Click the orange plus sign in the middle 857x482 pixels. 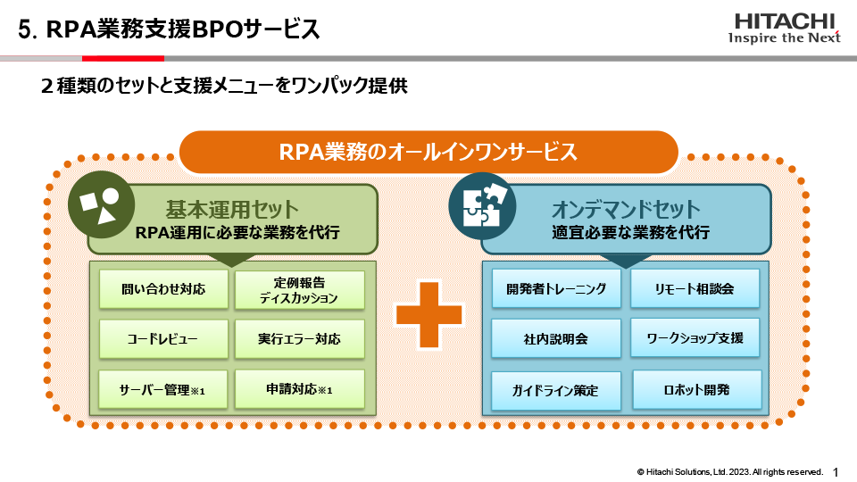click(429, 315)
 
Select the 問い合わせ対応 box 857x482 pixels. click(163, 289)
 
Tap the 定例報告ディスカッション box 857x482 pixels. click(299, 290)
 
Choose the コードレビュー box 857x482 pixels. click(163, 339)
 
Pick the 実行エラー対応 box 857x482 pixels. click(299, 339)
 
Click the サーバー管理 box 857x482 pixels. click(163, 389)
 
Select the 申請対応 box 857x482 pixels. click(299, 389)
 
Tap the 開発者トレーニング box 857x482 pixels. click(556, 288)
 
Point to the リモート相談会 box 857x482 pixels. click(695, 288)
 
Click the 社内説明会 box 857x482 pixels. click(556, 339)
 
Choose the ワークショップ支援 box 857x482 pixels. click(695, 338)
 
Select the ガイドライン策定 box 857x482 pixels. click(556, 390)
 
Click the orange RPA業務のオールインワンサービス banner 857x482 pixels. click(428, 152)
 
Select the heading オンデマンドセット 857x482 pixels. click(626, 210)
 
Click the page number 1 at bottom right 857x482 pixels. click(836, 470)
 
